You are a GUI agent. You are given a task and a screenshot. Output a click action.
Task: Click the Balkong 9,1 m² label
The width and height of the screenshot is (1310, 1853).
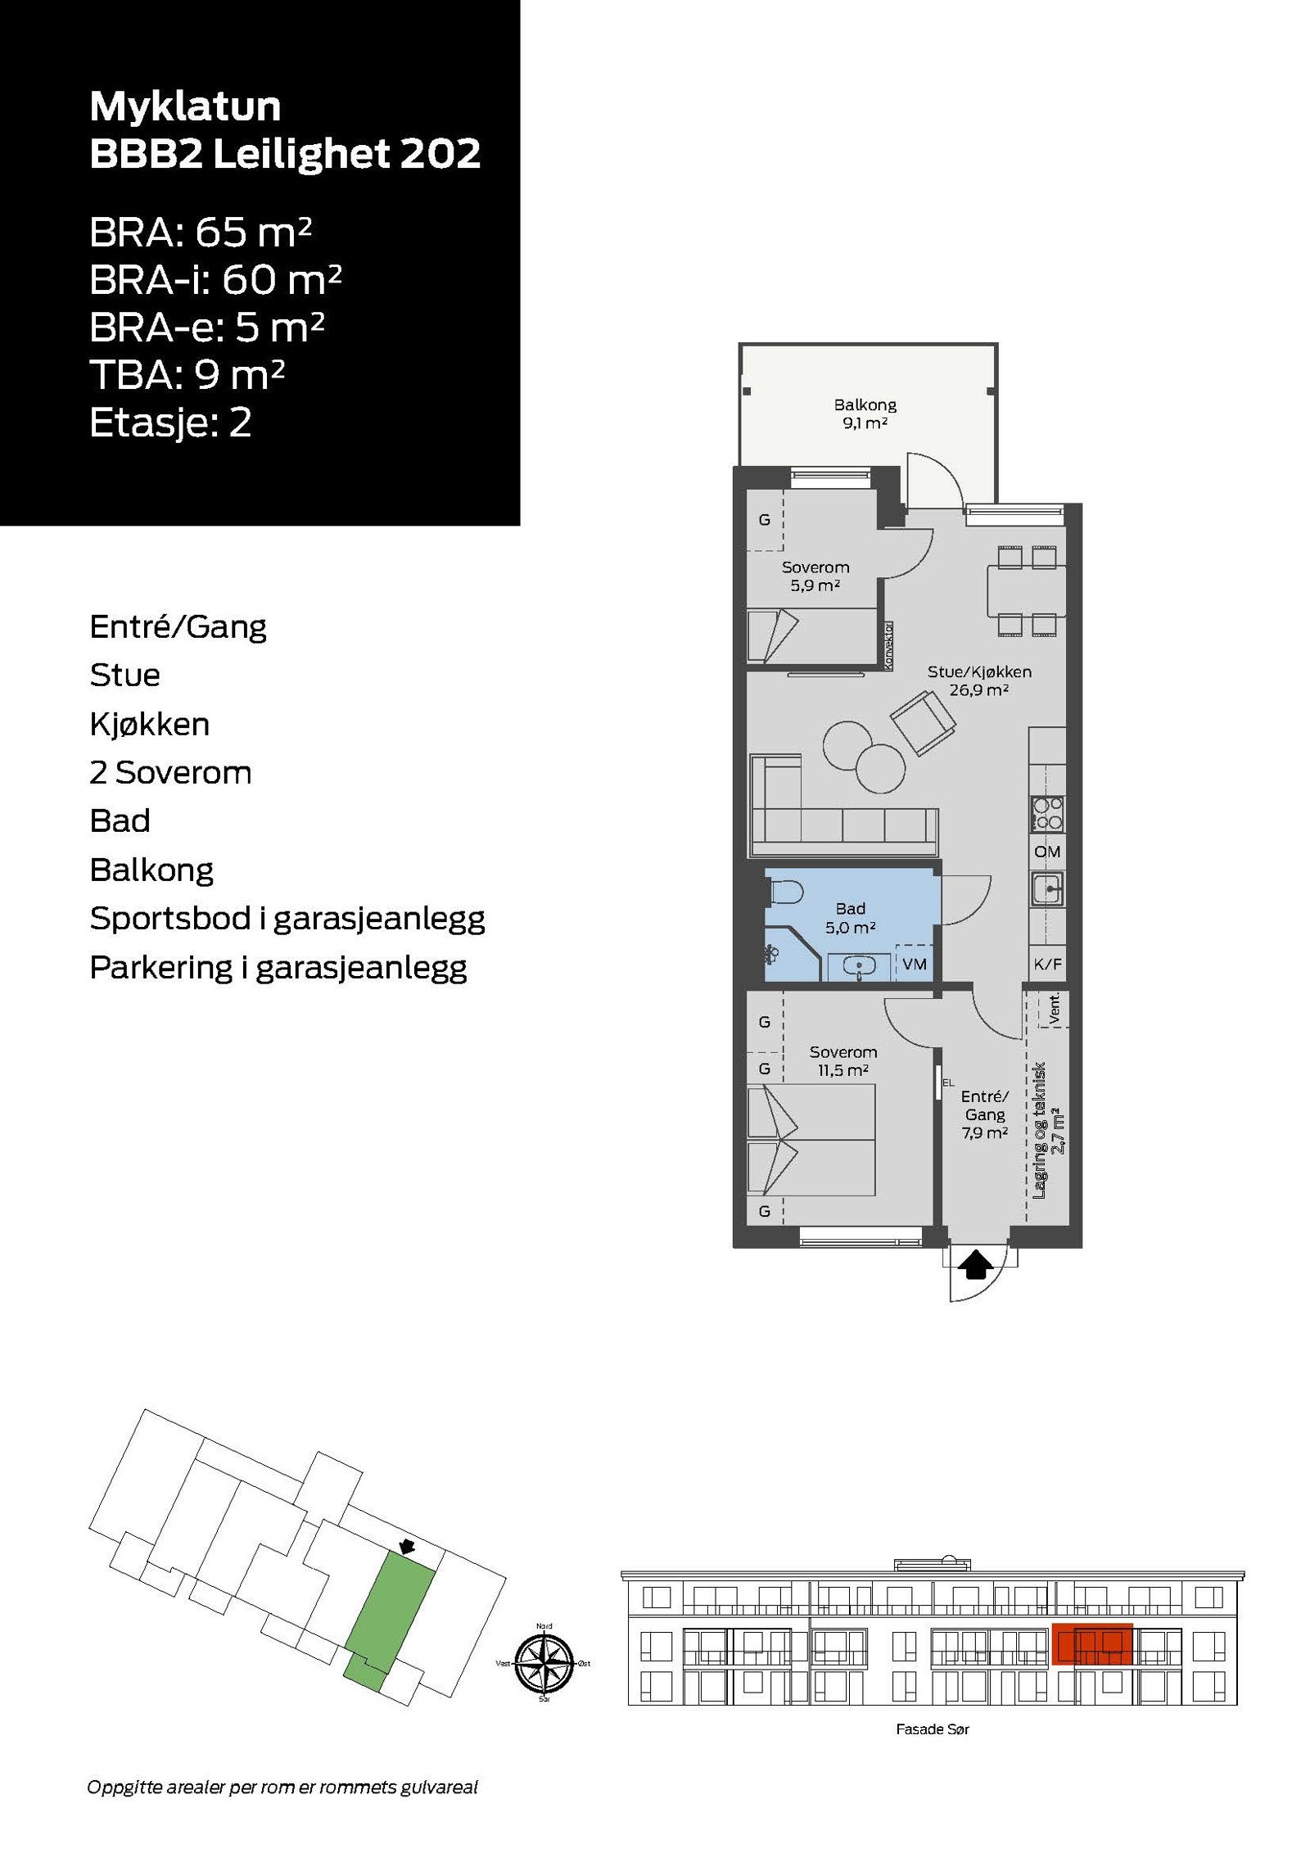click(x=865, y=414)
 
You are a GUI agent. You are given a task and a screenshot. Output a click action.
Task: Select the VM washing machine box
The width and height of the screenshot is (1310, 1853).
click(x=914, y=964)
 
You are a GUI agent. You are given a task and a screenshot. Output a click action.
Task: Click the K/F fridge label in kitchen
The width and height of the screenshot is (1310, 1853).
click(x=1047, y=964)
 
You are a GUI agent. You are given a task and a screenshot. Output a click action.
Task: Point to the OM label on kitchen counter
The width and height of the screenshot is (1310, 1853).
click(x=1047, y=852)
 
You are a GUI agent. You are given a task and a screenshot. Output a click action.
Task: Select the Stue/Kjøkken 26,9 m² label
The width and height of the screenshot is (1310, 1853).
click(x=978, y=680)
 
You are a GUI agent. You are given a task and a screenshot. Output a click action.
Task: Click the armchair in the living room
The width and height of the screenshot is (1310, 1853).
click(x=923, y=722)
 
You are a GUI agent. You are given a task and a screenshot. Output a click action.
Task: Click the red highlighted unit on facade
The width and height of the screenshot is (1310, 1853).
click(x=1091, y=1643)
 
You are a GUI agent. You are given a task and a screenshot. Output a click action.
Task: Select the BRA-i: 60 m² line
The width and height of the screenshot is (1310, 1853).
click(x=215, y=280)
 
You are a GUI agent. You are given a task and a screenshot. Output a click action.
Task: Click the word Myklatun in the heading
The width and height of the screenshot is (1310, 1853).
click(x=185, y=106)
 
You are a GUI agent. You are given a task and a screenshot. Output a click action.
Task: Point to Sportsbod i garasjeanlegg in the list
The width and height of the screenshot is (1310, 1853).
click(x=287, y=919)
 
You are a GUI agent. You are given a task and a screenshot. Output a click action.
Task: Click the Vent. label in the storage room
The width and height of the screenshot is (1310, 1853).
click(x=1055, y=1010)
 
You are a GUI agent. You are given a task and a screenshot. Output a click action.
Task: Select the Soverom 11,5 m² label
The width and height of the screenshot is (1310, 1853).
click(x=842, y=1060)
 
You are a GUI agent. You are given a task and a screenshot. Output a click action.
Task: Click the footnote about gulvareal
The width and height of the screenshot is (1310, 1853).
click(x=282, y=1787)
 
